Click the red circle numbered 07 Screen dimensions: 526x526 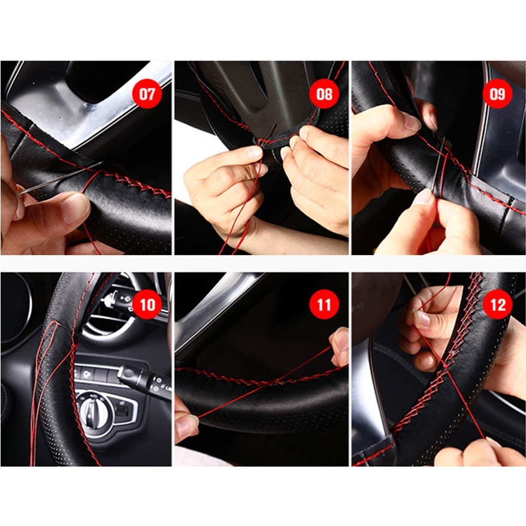(147, 93)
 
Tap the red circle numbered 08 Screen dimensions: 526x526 (324, 93)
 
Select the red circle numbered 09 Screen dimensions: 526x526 (497, 93)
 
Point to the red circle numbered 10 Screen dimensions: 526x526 (147, 304)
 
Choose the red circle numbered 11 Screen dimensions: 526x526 (324, 304)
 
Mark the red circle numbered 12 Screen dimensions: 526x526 (497, 304)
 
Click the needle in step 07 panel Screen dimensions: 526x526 (61, 178)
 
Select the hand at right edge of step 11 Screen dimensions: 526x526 (340, 347)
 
